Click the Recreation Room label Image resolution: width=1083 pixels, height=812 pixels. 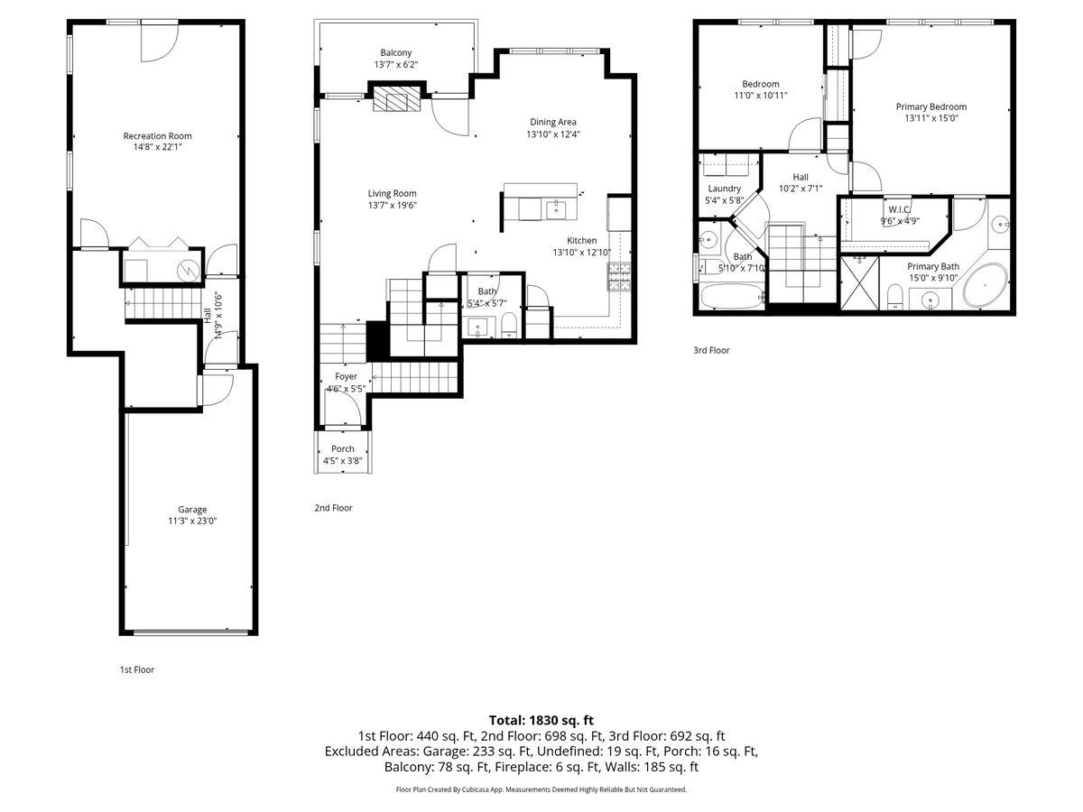(157, 135)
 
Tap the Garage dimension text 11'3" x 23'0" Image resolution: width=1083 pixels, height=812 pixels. (192, 521)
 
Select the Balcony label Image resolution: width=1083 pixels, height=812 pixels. (395, 52)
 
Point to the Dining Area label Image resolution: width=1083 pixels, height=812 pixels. (553, 122)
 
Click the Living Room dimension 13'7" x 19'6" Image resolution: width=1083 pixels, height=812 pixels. (393, 205)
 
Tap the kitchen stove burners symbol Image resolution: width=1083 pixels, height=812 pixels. (619, 277)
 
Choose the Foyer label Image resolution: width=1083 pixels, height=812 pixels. (346, 376)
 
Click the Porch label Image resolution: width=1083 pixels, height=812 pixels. (343, 448)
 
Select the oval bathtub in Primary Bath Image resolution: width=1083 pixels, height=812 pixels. (986, 285)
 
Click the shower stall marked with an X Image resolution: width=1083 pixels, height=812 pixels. (859, 283)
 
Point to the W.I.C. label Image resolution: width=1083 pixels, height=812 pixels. (900, 209)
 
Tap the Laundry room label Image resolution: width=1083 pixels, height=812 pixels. (725, 189)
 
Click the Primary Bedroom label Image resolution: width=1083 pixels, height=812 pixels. (931, 106)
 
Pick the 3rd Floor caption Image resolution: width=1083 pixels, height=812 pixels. (711, 350)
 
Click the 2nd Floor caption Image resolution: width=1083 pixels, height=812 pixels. (334, 508)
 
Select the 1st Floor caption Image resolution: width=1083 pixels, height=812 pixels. (137, 669)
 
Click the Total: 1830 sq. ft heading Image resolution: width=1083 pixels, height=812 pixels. (541, 720)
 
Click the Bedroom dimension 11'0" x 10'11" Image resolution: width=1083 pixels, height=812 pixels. (761, 95)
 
